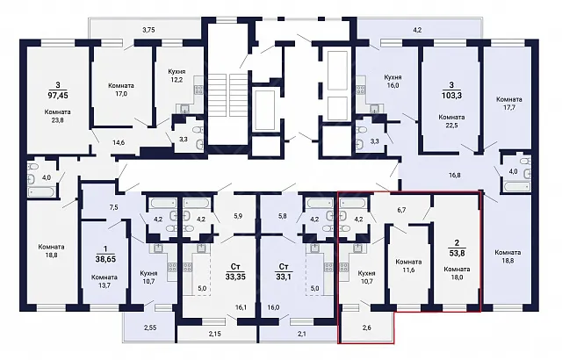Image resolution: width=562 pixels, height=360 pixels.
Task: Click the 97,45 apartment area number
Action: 58,96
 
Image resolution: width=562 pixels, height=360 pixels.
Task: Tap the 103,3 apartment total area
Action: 451,96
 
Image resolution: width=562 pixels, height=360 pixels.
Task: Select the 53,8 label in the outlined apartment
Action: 457,253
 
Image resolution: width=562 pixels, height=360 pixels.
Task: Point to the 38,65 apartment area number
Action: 104,259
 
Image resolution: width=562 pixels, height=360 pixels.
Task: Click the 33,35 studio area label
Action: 235,277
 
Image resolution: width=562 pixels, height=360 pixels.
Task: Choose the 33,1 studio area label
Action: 283,277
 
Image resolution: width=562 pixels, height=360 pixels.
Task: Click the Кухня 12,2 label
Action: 177,76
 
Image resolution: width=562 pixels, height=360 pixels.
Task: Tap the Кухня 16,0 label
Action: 393,82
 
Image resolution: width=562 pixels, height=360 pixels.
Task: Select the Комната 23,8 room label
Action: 57,116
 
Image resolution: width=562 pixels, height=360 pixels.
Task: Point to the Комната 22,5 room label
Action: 451,121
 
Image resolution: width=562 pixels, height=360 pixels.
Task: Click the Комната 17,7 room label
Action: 509,103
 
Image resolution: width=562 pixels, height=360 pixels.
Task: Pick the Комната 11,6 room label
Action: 408,266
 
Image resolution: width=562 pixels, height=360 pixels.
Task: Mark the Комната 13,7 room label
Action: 104,281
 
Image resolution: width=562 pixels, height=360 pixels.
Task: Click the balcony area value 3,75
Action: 148,30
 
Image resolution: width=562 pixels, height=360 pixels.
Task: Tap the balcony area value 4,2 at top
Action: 417,30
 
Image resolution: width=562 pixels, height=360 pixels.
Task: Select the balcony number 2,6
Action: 367,327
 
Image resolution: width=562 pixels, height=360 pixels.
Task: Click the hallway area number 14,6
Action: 119,142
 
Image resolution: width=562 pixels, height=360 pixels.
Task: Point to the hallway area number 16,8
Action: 455,175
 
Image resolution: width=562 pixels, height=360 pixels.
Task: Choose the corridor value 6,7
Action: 401,210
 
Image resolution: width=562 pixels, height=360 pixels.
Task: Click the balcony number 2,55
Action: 150,328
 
